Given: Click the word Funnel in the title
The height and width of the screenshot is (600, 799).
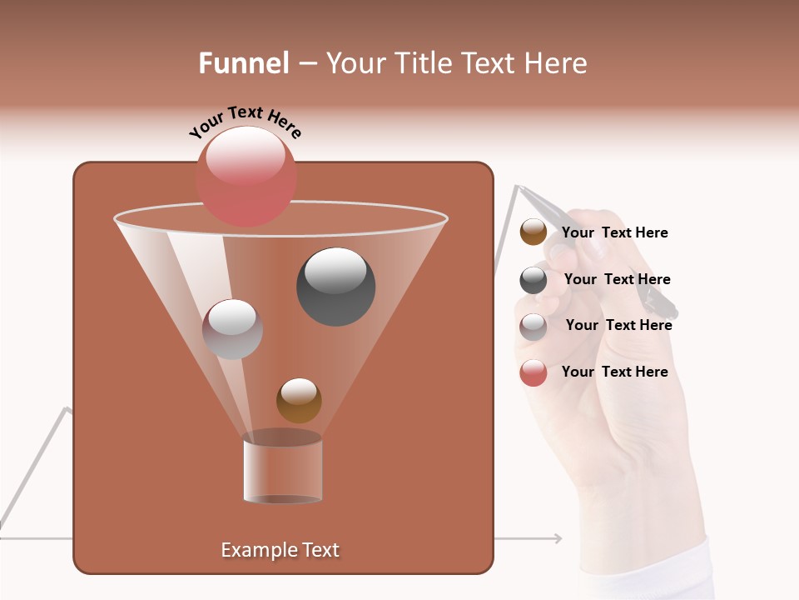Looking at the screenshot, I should tap(244, 63).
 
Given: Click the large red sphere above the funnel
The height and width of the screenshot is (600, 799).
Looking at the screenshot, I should tap(246, 177).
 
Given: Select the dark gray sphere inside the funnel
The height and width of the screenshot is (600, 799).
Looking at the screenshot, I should tap(335, 287).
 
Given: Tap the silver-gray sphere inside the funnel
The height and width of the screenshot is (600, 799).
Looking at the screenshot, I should tap(232, 329).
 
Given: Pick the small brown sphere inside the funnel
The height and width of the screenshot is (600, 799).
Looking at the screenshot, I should tap(299, 400).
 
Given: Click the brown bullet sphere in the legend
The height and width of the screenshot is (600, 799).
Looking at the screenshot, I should tap(533, 232).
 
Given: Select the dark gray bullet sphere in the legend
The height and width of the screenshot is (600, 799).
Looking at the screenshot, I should tap(533, 280).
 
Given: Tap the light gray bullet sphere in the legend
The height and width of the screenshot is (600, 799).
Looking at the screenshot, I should tap(533, 326).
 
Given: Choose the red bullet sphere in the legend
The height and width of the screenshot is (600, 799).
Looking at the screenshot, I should tap(533, 372).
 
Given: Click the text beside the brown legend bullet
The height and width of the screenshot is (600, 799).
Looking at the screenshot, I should tap(614, 232).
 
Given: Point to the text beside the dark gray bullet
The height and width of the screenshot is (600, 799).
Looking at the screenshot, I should tap(617, 279).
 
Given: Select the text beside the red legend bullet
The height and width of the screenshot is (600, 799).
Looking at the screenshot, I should tap(614, 372).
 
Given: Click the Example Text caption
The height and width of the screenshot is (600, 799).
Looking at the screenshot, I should tap(280, 550).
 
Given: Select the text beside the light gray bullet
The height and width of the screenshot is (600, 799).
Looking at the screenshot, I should tap(618, 325).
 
